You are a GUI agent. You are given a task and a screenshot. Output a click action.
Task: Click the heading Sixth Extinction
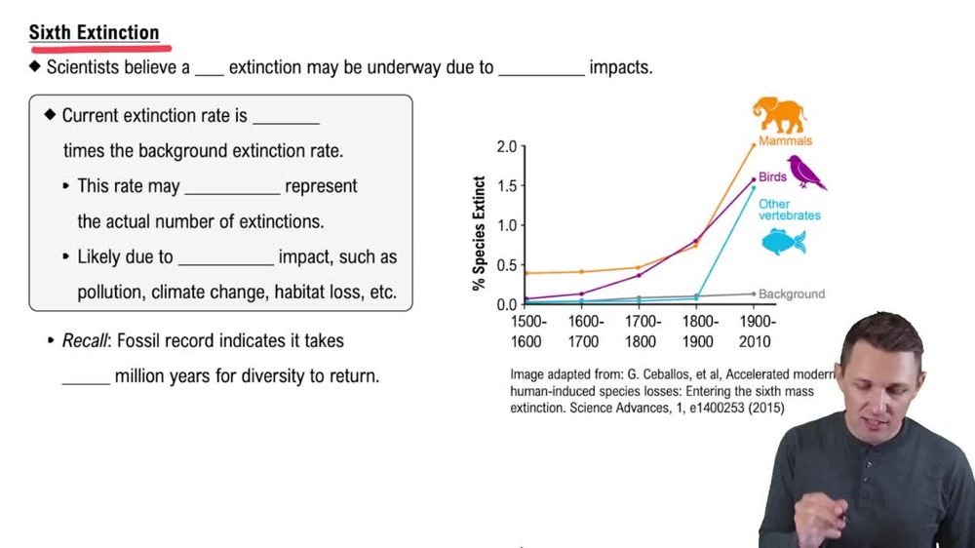point(94,33)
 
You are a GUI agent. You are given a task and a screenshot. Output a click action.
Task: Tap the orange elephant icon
point(779,115)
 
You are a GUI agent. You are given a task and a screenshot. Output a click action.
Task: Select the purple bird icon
point(806,173)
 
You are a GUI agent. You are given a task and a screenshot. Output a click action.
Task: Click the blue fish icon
point(783,242)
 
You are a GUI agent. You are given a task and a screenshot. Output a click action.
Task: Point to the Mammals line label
point(785,141)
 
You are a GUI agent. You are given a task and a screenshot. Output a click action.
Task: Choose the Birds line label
point(772,177)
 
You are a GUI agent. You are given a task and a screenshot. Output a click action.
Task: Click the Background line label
point(792,294)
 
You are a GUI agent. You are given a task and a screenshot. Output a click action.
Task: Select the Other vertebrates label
point(790,210)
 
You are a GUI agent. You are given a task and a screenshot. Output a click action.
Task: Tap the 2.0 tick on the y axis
point(506,146)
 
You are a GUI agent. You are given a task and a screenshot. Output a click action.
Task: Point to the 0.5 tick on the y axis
point(506,265)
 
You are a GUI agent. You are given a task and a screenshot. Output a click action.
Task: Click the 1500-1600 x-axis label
point(527,332)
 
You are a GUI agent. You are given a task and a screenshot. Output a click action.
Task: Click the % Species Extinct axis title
point(479,233)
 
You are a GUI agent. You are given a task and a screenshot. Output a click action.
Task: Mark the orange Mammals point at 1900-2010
point(753,145)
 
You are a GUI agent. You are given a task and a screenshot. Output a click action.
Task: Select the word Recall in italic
point(85,341)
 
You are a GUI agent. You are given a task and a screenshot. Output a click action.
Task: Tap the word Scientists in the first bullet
point(83,68)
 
